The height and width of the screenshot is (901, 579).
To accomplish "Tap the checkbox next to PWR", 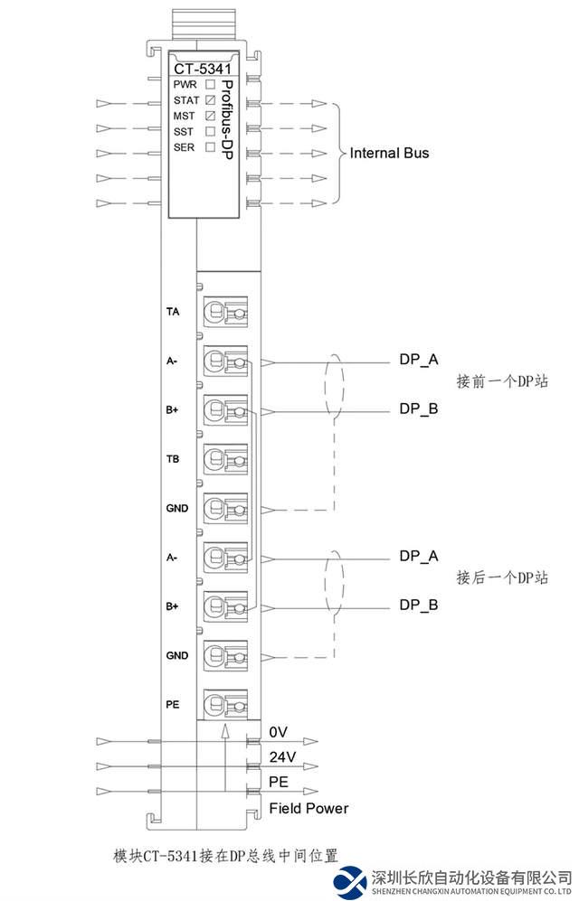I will point(210,84).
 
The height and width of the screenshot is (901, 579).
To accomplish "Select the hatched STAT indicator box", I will point(210,99).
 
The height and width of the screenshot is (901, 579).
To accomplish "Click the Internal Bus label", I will point(389,154).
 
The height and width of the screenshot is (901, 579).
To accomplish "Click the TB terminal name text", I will point(172,460).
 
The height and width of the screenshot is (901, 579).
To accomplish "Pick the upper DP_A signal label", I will point(419,360).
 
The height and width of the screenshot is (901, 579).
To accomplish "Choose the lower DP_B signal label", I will point(419,605).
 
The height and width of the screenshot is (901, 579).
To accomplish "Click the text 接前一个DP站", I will point(502,382).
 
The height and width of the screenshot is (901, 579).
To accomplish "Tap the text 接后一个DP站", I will point(502,577).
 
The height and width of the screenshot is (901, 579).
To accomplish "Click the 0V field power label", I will point(277,730).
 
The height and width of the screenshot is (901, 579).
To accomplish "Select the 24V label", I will point(281,756).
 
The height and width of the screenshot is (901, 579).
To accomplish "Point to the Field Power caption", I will point(308,808).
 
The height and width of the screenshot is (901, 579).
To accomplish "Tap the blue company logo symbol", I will point(350,880).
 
